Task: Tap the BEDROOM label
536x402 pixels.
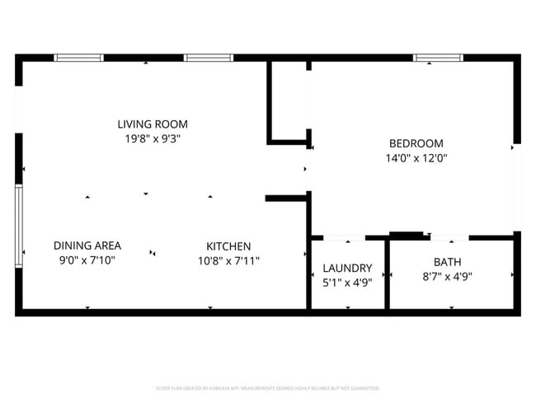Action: click(x=416, y=143)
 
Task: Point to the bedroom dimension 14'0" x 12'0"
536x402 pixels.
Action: click(x=416, y=157)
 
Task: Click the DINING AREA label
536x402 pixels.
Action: click(x=87, y=245)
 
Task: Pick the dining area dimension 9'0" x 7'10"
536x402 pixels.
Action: click(x=87, y=260)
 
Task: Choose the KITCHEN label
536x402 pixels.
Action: click(x=228, y=246)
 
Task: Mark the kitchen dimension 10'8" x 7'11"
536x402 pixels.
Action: click(x=228, y=261)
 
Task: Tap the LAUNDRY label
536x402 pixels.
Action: click(x=347, y=268)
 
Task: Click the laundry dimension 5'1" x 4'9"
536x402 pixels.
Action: click(x=347, y=283)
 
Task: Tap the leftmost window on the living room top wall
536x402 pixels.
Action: click(x=78, y=58)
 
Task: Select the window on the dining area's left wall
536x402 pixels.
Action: click(x=18, y=226)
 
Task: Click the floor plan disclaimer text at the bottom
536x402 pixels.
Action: click(x=268, y=387)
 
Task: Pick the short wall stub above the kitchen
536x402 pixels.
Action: click(x=285, y=199)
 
